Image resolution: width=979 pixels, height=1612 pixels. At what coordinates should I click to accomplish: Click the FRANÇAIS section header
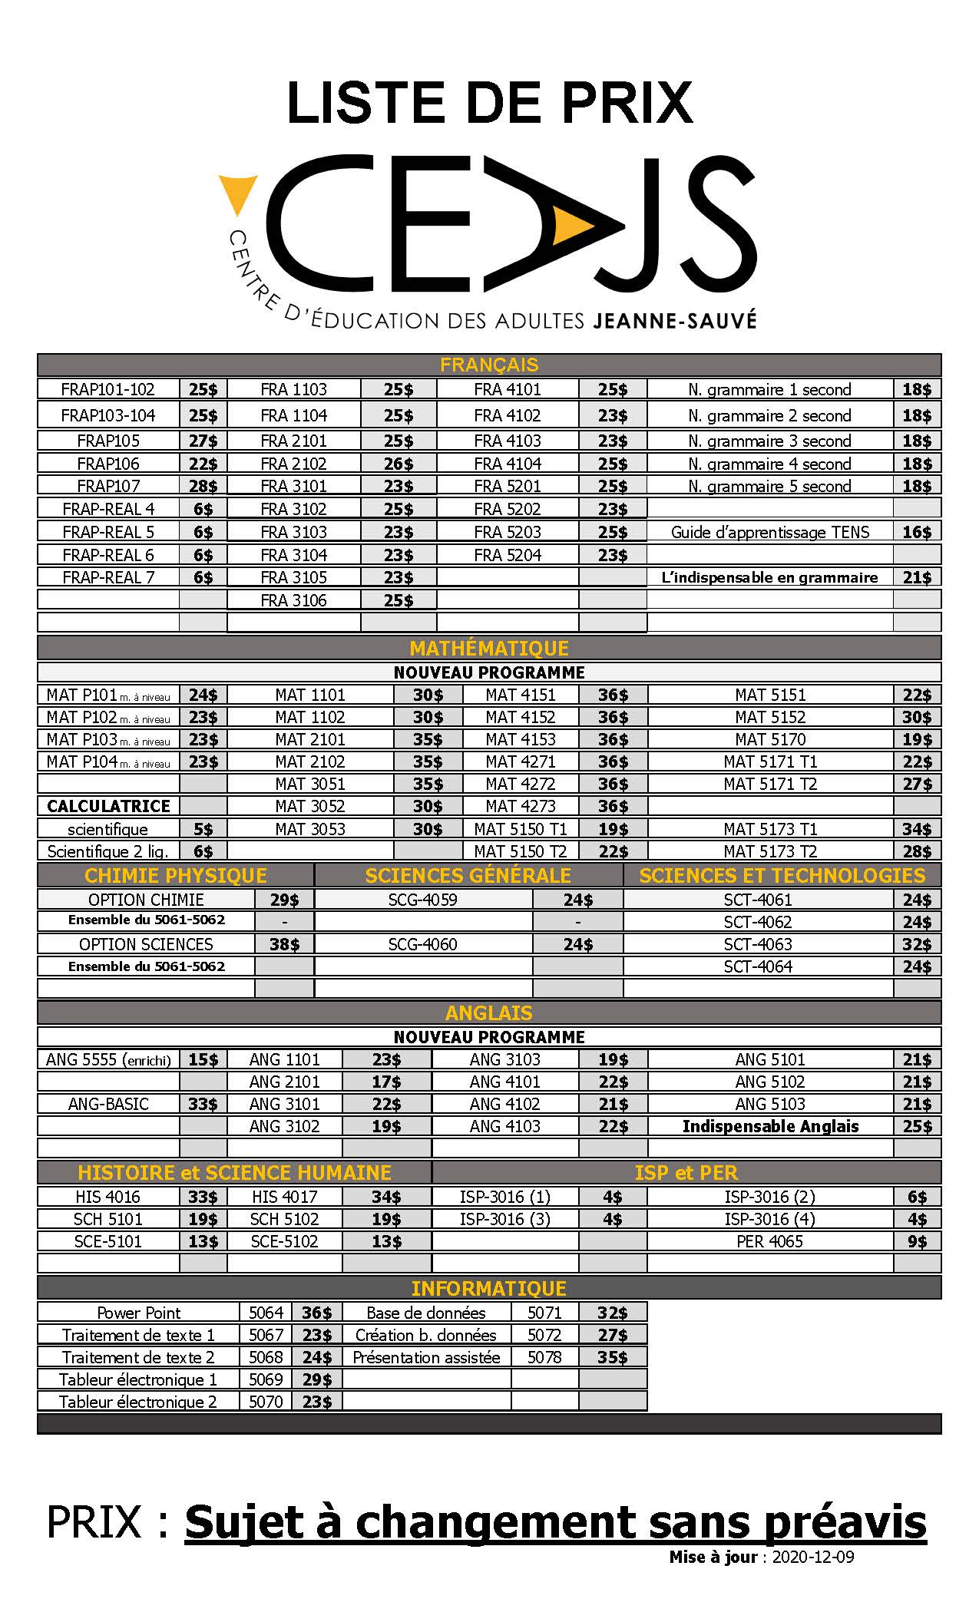click(x=489, y=365)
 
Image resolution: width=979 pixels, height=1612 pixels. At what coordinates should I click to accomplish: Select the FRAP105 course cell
click(x=108, y=441)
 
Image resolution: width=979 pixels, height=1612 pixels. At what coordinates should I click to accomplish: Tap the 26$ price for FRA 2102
click(x=399, y=464)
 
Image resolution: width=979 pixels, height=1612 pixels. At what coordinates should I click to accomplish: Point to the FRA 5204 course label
click(x=508, y=555)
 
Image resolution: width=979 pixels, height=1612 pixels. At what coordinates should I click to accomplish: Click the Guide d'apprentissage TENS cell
click(x=770, y=532)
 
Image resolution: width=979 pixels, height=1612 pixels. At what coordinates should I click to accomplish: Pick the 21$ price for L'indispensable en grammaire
click(x=917, y=577)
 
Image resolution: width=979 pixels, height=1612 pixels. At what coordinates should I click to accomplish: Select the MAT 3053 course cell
click(x=310, y=829)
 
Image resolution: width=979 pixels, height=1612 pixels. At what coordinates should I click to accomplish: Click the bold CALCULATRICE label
click(x=108, y=806)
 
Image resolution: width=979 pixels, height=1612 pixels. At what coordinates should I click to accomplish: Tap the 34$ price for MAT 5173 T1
click(x=917, y=829)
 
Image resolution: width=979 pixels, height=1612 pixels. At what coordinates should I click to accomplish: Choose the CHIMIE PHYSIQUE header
click(x=176, y=876)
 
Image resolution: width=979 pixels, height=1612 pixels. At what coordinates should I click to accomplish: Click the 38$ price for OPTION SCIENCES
click(x=284, y=944)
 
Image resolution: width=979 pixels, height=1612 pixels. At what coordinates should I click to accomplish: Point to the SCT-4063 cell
click(x=758, y=944)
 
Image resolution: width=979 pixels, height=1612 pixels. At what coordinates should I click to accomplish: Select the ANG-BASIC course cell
click(x=108, y=1104)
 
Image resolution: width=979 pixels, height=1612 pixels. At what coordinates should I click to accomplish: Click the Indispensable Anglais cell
click(x=770, y=1126)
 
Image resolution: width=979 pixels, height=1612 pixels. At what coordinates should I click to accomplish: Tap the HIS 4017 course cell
click(x=284, y=1197)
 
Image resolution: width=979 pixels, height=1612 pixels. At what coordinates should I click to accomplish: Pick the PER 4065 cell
click(x=770, y=1241)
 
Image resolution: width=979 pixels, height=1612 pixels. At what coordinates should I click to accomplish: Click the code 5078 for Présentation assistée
click(x=544, y=1357)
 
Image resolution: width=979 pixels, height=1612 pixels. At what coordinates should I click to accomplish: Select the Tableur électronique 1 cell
click(x=138, y=1379)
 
